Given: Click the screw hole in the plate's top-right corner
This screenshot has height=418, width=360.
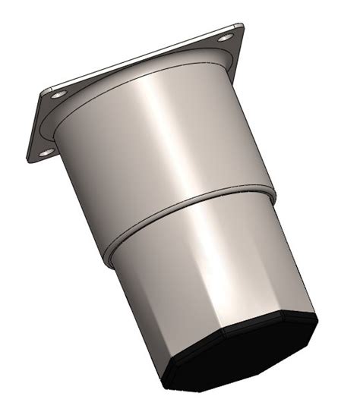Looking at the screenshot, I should pyautogui.click(x=226, y=37).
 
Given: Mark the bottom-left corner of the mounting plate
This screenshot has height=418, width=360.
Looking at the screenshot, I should pyautogui.click(x=32, y=161).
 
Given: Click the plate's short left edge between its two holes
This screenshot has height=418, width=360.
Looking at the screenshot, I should pyautogui.click(x=38, y=125).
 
